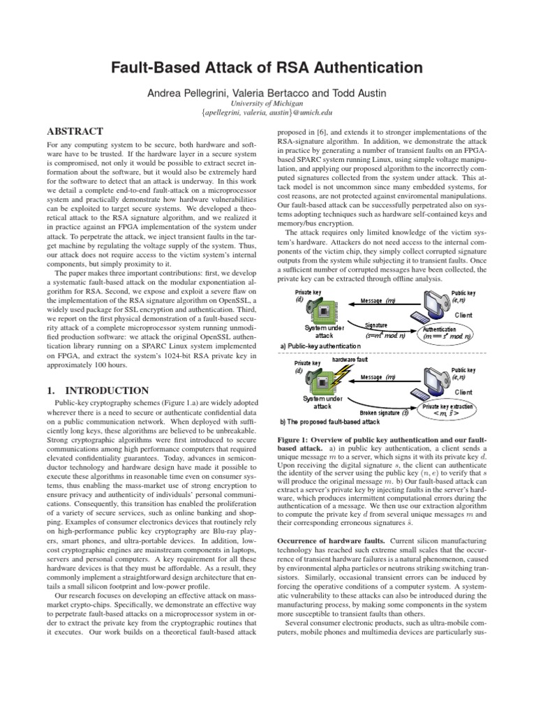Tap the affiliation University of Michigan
pyautogui.click(x=267, y=103)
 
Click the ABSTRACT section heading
pyautogui.click(x=74, y=131)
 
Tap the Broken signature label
pyautogui.click(x=380, y=413)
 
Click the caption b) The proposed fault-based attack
pyautogui.click(x=329, y=422)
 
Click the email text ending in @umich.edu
pyautogui.click(x=267, y=112)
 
